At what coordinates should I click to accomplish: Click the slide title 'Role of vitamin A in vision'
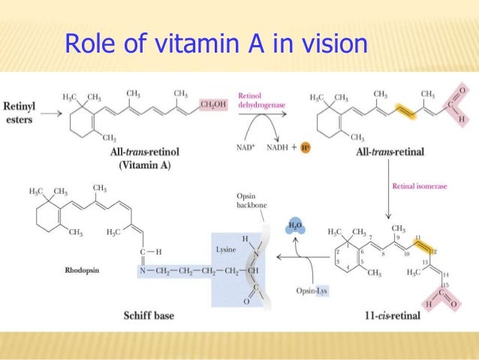point(216,44)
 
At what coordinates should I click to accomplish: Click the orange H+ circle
point(306,148)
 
